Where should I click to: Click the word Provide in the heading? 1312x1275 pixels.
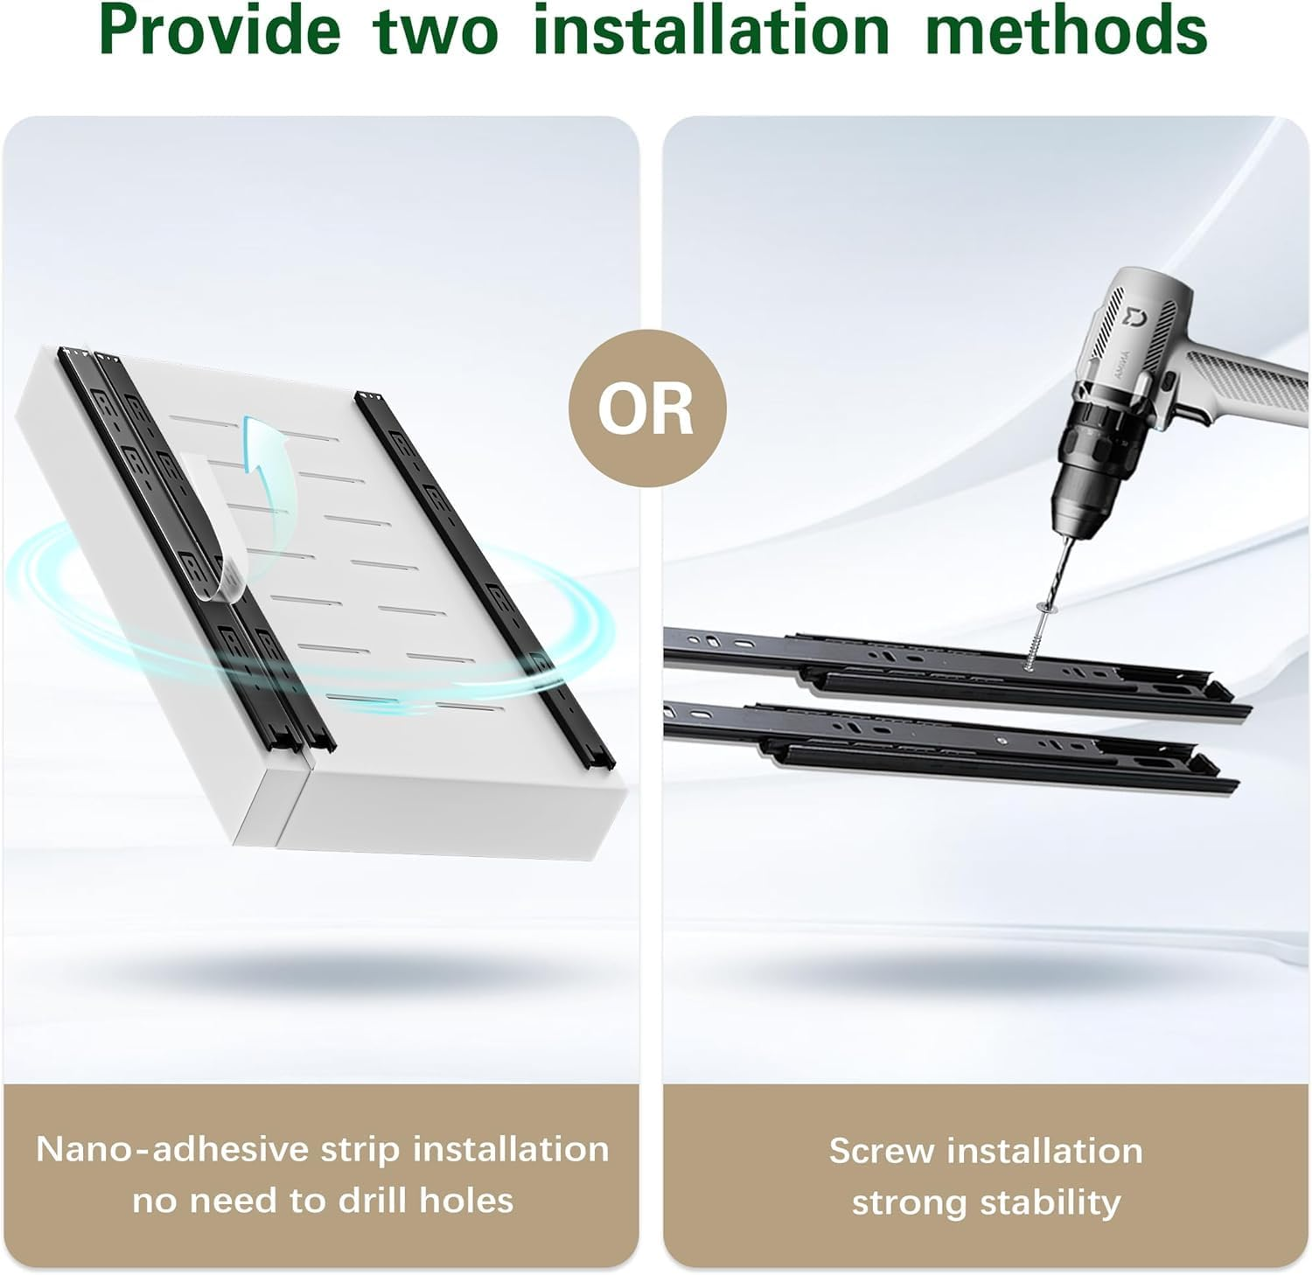tap(220, 31)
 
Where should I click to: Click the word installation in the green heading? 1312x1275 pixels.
tap(710, 31)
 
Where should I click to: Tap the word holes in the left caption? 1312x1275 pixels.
tap(467, 1201)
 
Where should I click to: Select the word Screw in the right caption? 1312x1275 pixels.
tap(881, 1151)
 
